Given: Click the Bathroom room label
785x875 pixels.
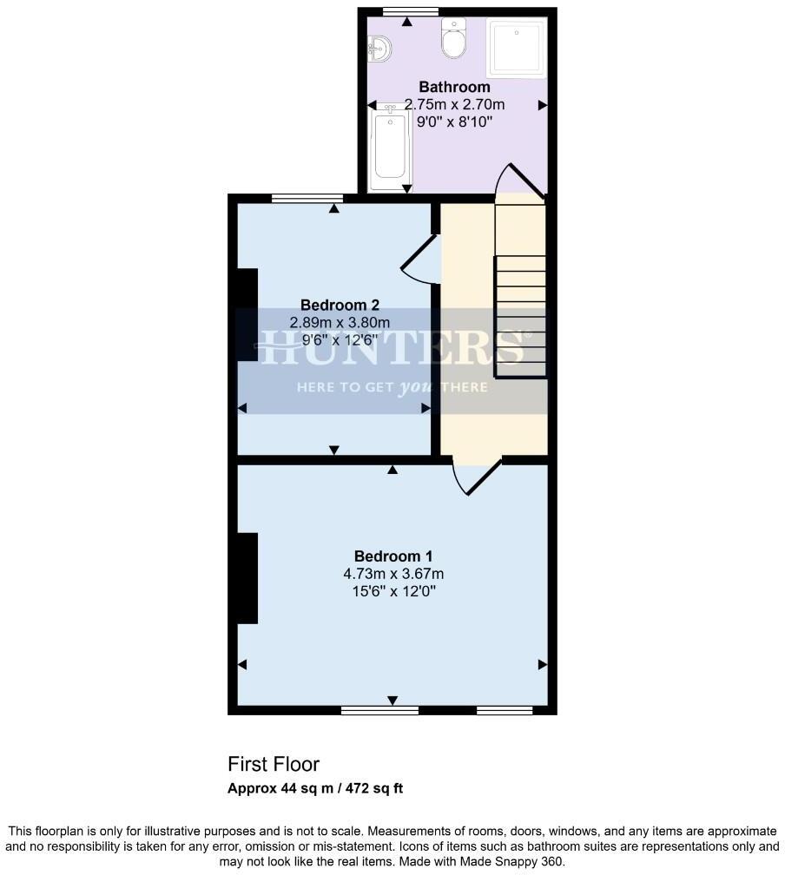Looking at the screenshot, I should tap(454, 87).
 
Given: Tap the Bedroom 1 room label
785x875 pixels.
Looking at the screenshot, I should tap(392, 556).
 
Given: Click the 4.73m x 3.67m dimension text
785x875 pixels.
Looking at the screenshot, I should tap(392, 574).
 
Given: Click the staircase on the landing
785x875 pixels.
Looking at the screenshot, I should tap(519, 295).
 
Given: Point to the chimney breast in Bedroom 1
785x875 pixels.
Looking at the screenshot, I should tap(247, 578).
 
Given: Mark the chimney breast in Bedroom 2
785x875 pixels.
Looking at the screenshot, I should tap(247, 314).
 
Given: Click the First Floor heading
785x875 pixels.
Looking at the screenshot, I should tap(274, 765).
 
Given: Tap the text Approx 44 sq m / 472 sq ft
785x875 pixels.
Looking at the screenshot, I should tap(315, 789).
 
